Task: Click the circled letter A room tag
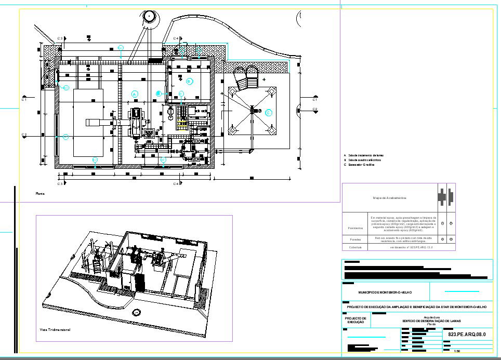(x=134, y=94)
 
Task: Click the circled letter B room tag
(x=189, y=81)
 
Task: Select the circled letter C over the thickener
(x=269, y=113)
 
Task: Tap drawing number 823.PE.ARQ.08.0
(x=466, y=335)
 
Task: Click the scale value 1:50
(x=457, y=351)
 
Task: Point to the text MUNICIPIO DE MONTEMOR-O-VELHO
(x=385, y=293)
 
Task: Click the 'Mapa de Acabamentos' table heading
(x=390, y=198)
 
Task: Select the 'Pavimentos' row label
(x=355, y=228)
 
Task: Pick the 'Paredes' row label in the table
(x=355, y=239)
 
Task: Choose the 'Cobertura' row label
(x=355, y=247)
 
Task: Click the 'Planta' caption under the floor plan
(x=40, y=193)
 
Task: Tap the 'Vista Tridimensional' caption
(x=55, y=329)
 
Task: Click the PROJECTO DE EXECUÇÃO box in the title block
(x=356, y=321)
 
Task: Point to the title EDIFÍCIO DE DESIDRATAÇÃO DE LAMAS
(x=431, y=321)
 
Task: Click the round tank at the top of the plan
(x=150, y=16)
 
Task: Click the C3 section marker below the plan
(x=60, y=183)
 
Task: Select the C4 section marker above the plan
(x=176, y=38)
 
